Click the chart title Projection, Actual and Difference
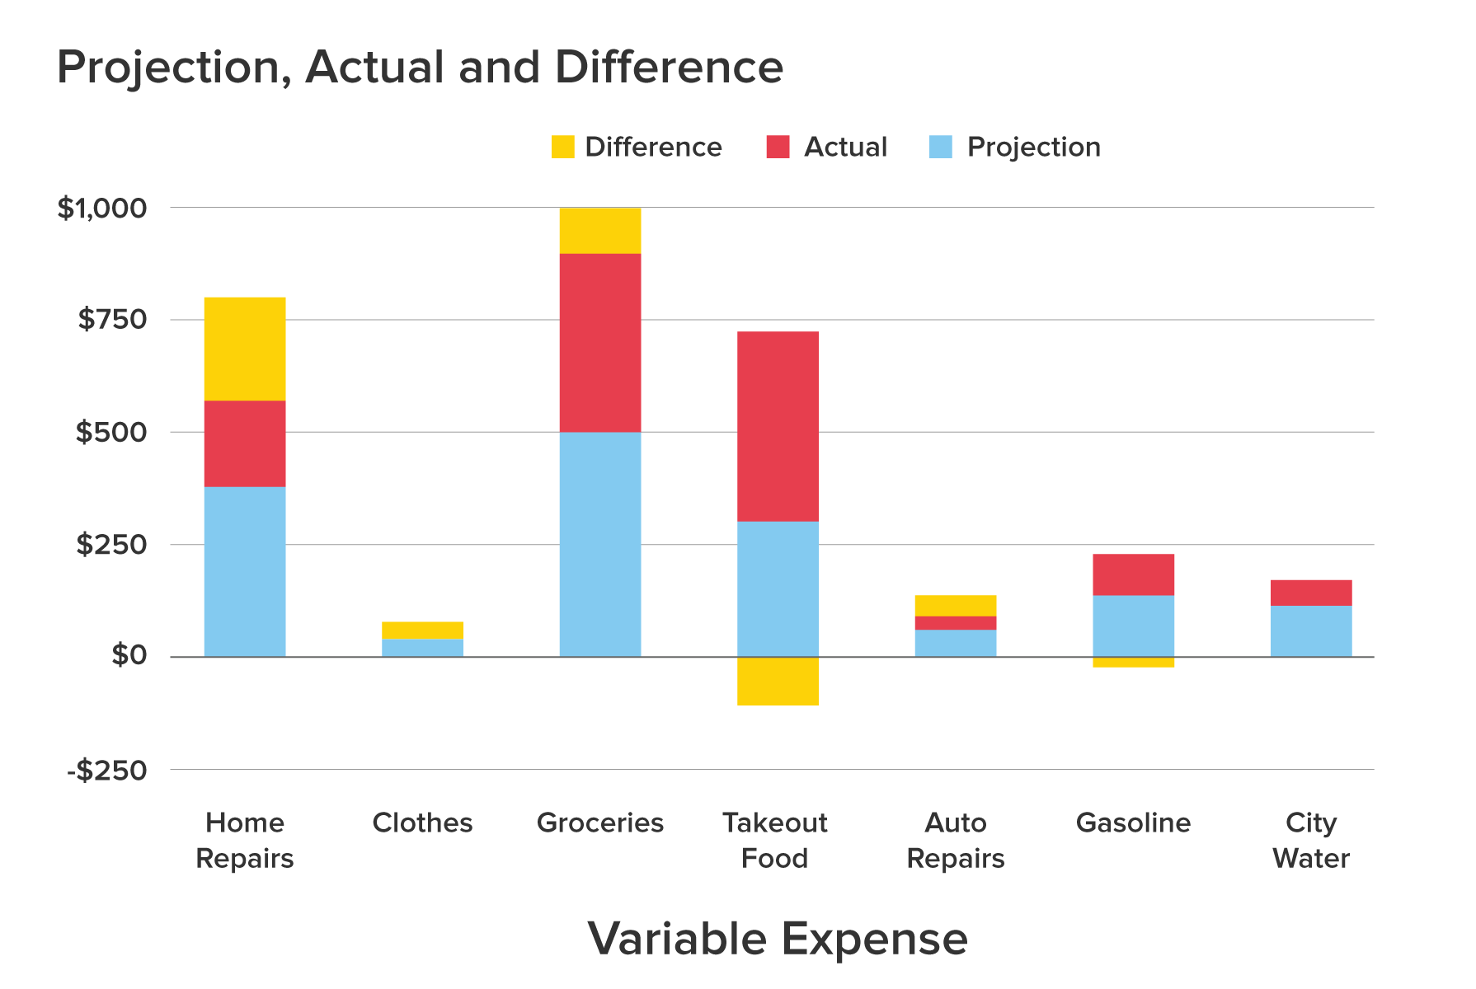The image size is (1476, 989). (x=420, y=67)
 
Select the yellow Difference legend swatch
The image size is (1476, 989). (x=562, y=147)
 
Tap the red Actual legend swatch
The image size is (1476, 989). (x=778, y=147)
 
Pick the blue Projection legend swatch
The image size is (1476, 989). (x=940, y=147)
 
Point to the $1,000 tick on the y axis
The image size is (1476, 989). (x=101, y=209)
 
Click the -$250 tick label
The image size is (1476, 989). (x=107, y=771)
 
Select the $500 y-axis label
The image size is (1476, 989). (x=110, y=433)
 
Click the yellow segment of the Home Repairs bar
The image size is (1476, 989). (x=245, y=349)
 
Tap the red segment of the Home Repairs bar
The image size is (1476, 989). (x=245, y=443)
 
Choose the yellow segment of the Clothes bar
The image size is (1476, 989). (x=422, y=630)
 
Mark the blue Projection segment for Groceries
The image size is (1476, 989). (x=600, y=544)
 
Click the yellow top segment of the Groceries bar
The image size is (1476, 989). (x=600, y=231)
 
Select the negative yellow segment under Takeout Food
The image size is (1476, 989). (x=778, y=681)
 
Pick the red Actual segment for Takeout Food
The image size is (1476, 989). (x=778, y=426)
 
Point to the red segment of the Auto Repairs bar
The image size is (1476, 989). (x=956, y=623)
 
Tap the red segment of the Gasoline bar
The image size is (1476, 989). (x=1133, y=574)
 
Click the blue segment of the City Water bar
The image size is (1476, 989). (x=1311, y=631)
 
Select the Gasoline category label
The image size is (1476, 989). (x=1133, y=823)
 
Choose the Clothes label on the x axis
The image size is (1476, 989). (x=422, y=823)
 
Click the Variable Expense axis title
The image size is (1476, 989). (x=778, y=939)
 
